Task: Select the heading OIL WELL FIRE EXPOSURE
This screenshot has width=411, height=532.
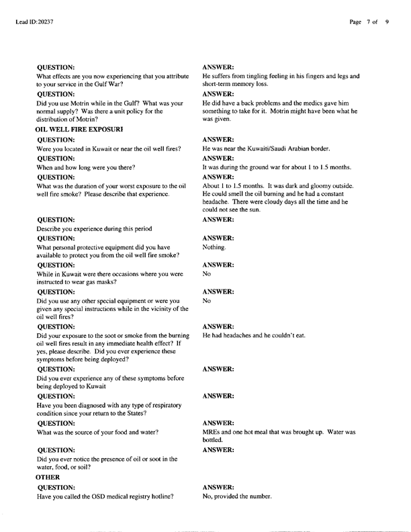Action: click(x=80, y=128)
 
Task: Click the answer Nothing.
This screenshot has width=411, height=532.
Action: click(x=215, y=247)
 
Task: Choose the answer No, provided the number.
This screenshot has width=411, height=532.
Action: click(x=237, y=496)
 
